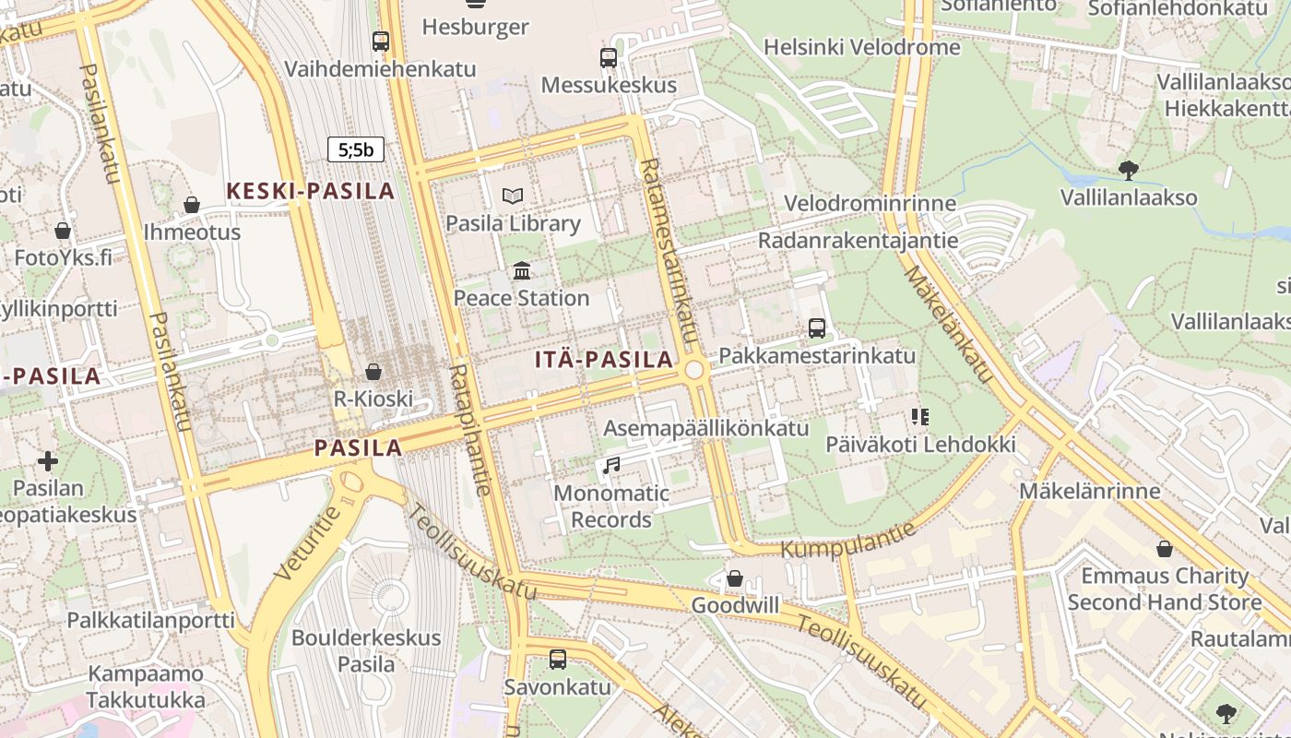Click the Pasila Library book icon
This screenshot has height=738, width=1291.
click(513, 196)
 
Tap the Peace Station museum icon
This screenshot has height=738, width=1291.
click(522, 270)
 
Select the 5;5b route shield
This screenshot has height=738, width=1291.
click(355, 149)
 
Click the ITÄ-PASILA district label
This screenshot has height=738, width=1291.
click(604, 360)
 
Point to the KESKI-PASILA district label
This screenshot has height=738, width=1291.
click(311, 191)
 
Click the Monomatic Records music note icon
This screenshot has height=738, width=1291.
click(610, 466)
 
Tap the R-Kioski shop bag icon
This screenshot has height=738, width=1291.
click(373, 372)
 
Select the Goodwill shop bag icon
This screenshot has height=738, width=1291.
click(735, 578)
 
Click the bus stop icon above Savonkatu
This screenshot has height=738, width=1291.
click(558, 660)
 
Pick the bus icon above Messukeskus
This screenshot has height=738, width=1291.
click(609, 58)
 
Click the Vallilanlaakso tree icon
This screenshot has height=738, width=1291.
click(1128, 170)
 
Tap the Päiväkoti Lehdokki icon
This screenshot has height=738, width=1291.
click(919, 417)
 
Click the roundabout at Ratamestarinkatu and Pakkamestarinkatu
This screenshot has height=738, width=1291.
click(694, 370)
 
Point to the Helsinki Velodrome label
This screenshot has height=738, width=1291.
click(861, 47)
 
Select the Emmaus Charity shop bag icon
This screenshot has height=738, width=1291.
click(1165, 549)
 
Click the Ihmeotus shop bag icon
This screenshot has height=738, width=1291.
click(192, 204)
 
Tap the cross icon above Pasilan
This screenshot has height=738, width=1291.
click(48, 460)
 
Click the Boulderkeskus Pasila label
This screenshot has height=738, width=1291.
click(366, 650)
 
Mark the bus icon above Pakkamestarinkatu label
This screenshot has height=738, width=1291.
click(816, 328)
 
